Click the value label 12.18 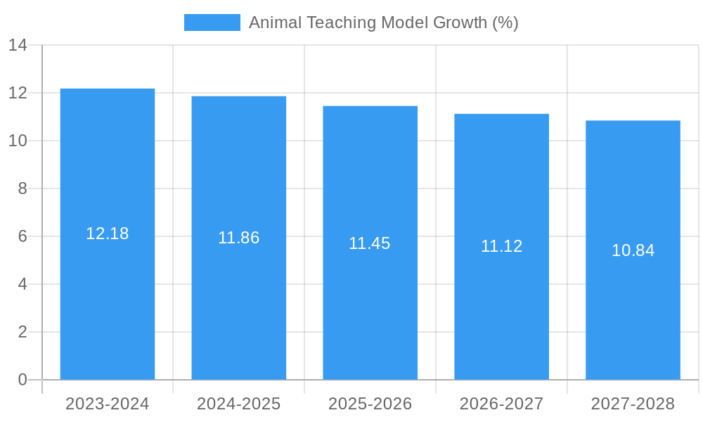pos(108,234)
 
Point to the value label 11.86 pos(239,238)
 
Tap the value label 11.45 pos(370,243)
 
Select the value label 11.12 pos(501,246)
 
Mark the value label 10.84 pos(633,250)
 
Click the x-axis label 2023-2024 pos(108,404)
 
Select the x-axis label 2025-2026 pos(370,404)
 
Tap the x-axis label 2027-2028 pos(633,404)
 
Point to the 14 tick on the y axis pos(18,45)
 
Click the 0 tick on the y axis pos(22,380)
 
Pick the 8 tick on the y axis pos(22,188)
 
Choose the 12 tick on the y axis pos(18,93)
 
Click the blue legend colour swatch pos(212,23)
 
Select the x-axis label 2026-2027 pos(501,404)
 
